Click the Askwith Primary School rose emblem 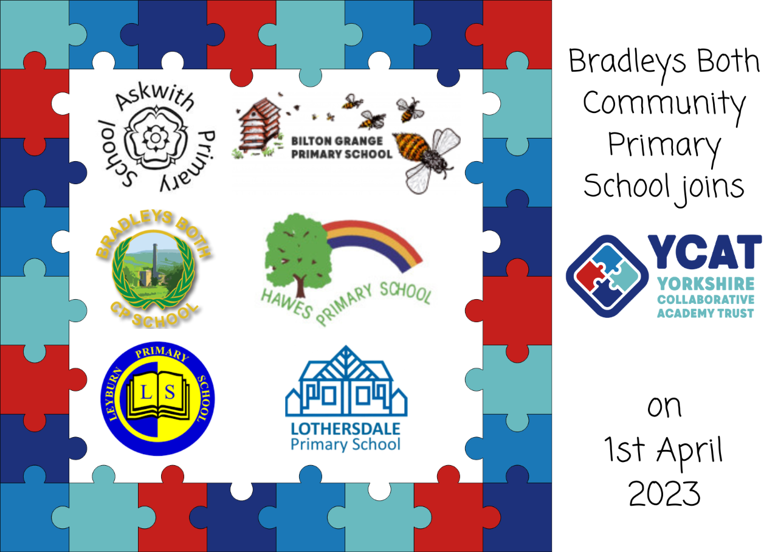click(x=156, y=137)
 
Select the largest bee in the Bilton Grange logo click(x=427, y=159)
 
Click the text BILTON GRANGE click(x=337, y=141)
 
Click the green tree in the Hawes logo click(x=298, y=255)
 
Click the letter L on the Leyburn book click(x=146, y=393)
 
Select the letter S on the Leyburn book click(x=170, y=393)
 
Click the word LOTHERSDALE click(x=346, y=429)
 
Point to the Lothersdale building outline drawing click(x=346, y=381)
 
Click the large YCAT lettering click(x=704, y=252)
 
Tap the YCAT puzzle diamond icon click(x=607, y=276)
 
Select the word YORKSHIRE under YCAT click(x=706, y=284)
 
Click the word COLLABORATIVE click(x=706, y=300)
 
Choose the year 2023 click(x=664, y=494)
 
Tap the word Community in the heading click(x=664, y=104)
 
